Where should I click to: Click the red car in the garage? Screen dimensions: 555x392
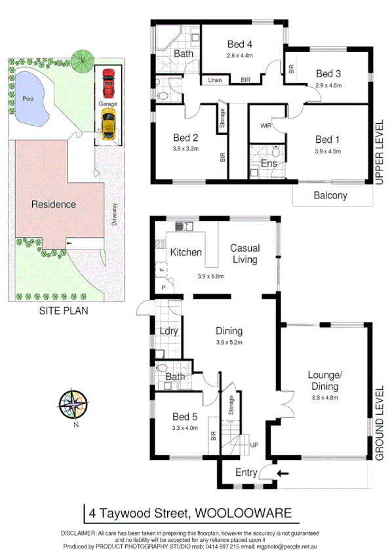pos(108,82)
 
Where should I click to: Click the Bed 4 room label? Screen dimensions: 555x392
pos(240,45)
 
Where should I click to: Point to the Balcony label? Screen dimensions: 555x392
pos(330,195)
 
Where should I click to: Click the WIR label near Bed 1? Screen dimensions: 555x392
pos(266,124)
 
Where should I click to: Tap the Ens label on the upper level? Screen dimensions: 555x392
pos(269,163)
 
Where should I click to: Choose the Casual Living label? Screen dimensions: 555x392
pos(245,254)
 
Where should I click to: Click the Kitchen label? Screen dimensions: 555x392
pos(186,252)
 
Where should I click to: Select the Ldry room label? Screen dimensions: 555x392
pos(168,332)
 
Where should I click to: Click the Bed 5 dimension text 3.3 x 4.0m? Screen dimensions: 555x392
pos(184,430)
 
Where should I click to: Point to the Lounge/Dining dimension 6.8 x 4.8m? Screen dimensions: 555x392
pos(328,398)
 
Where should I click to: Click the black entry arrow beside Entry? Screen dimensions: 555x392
pos(282,471)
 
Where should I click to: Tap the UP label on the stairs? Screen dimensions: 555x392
pos(254,446)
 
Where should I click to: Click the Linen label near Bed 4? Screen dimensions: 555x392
pos(215,80)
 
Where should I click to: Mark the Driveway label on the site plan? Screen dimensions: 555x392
pos(113,213)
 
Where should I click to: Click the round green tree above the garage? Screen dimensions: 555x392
pos(83,61)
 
